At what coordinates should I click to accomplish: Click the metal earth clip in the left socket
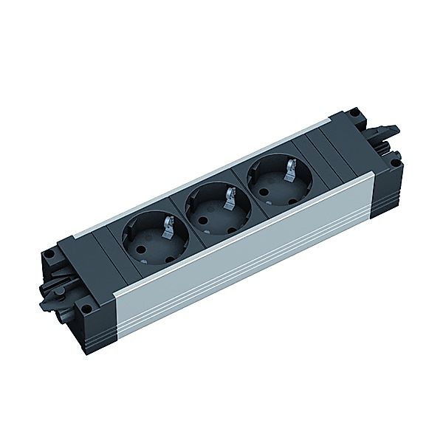(169, 222)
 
